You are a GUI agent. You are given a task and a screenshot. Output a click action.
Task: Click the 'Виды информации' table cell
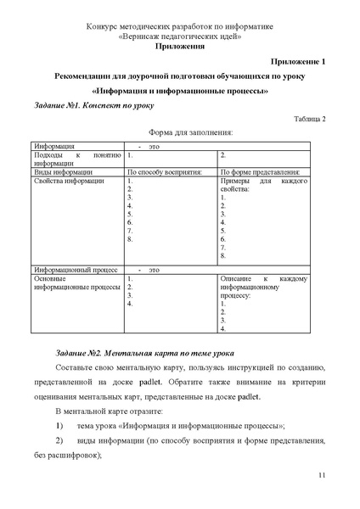point(58,171)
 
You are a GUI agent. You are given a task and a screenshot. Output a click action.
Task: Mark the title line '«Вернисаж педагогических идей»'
point(179,37)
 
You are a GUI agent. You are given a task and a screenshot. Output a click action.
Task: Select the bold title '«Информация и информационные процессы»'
point(179,91)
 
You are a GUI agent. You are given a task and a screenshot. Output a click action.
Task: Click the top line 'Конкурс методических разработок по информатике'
point(179,28)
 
